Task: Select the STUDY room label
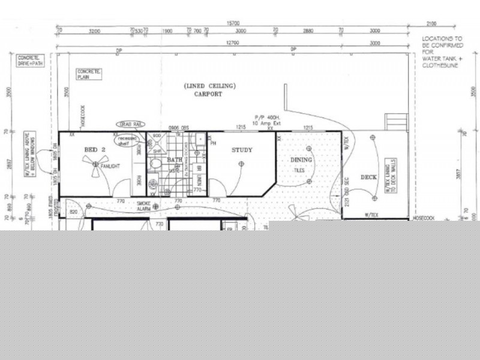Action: [242, 150]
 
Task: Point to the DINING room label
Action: [301, 160]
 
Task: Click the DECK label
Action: [368, 177]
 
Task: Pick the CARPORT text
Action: [208, 94]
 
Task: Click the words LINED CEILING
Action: [209, 86]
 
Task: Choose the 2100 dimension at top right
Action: [431, 24]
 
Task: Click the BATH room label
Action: [175, 160]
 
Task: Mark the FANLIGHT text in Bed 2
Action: [109, 166]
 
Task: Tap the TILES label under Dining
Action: [300, 170]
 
